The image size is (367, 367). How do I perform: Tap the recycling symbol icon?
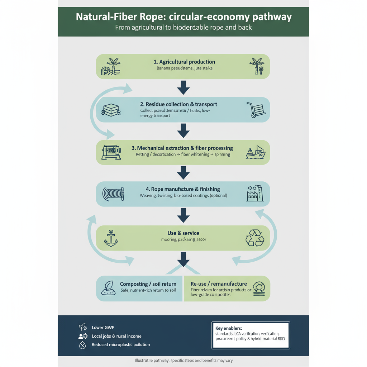tap(254, 238)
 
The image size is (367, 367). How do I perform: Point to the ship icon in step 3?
tap(256, 152)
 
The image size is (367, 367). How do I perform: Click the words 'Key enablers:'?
tap(229, 328)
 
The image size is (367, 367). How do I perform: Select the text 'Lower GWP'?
tap(103, 327)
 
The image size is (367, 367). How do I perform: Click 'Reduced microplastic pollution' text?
tap(121, 344)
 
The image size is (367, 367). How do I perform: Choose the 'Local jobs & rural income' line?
tap(116, 336)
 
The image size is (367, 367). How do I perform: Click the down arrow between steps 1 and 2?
tap(183, 87)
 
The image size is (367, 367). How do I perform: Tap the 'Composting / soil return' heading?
tap(148, 284)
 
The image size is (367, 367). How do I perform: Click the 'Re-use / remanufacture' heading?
tap(219, 283)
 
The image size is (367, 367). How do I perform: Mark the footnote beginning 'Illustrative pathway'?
tap(183, 360)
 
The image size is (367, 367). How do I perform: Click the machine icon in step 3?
tap(111, 152)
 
